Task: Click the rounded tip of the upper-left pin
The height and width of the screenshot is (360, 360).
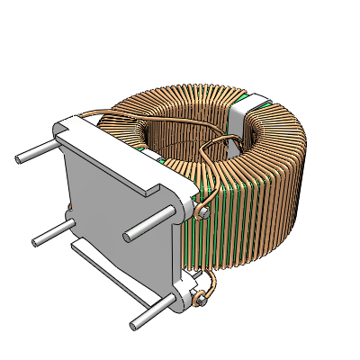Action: coord(19,158)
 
